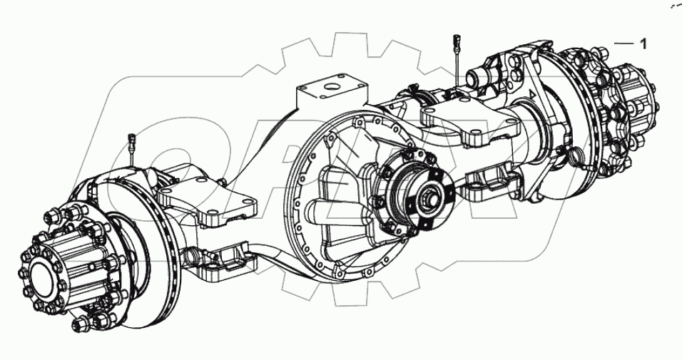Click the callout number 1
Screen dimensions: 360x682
[643, 44]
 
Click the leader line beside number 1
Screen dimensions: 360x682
[624, 44]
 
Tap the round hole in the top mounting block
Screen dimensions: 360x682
[331, 89]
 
